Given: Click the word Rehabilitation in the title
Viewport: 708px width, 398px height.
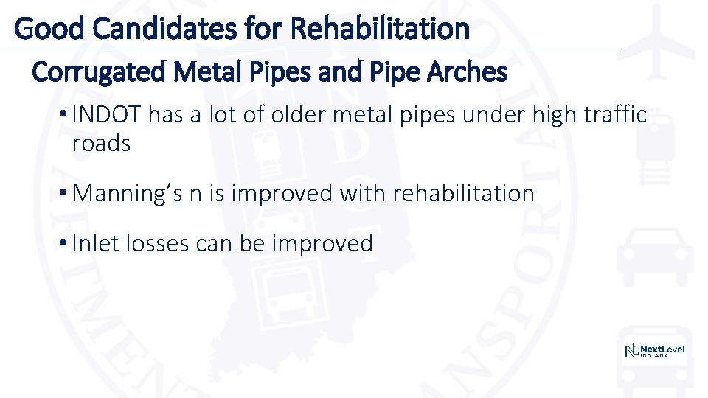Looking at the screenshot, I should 380,29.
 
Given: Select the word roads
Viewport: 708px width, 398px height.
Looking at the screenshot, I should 101,143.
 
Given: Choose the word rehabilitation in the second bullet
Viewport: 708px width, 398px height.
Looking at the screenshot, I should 463,194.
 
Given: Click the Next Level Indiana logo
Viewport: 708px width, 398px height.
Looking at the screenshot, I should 655,351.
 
